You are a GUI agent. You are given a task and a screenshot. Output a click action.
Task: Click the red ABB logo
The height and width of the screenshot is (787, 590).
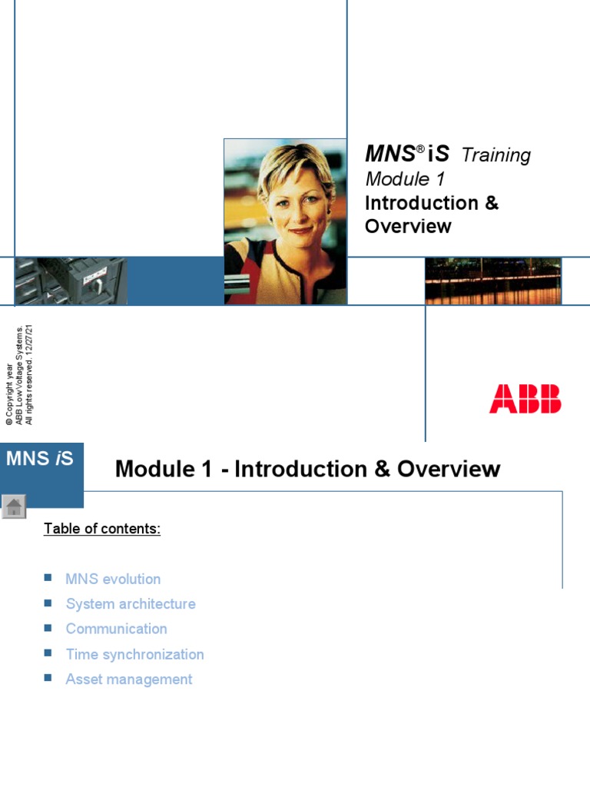[525, 400]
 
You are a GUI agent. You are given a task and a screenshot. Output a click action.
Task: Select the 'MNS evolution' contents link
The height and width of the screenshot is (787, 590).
[113, 579]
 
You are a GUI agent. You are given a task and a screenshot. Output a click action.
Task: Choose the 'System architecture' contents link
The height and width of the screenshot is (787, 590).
[131, 604]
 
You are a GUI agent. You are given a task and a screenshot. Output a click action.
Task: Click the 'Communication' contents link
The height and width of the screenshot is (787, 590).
[116, 629]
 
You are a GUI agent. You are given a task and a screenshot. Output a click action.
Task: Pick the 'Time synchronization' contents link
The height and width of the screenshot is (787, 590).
[134, 655]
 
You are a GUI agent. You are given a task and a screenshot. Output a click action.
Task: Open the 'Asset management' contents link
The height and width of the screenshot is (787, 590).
[129, 679]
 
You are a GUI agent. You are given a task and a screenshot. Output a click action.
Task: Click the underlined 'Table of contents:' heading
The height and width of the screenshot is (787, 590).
[102, 529]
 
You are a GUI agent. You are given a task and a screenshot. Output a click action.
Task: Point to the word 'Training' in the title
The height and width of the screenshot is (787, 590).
[496, 156]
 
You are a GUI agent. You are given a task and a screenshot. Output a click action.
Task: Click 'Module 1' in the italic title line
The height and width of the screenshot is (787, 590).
[405, 180]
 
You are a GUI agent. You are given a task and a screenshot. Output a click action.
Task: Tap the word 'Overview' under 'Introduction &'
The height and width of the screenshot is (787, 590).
[408, 227]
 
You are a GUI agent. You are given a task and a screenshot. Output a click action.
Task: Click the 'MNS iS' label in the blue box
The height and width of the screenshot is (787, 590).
[40, 460]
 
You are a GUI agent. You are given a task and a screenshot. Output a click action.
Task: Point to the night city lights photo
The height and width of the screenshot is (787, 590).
[493, 281]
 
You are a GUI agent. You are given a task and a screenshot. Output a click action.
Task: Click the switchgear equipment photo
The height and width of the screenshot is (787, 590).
[71, 281]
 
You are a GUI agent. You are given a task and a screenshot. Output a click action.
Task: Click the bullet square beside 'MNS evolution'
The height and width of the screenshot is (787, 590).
[48, 576]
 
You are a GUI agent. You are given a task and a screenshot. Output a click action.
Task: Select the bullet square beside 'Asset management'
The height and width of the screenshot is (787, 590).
[48, 677]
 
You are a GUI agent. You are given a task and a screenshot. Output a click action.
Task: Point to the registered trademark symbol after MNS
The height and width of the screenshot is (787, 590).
[421, 148]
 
